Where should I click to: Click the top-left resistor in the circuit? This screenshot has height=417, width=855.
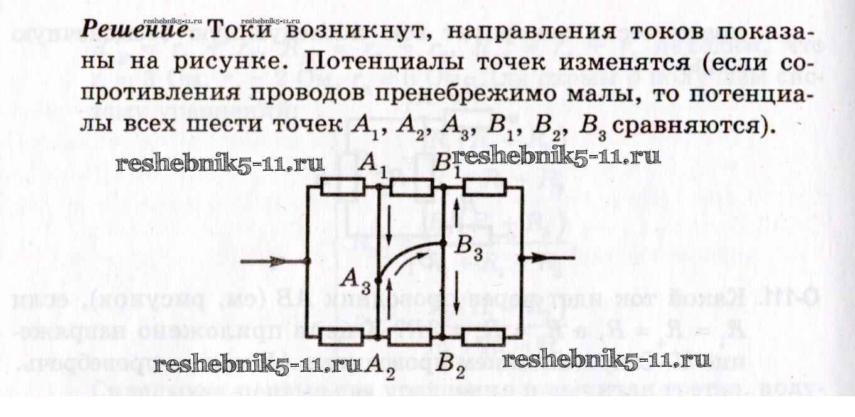[x=343, y=187]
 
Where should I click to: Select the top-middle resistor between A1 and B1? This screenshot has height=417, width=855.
[x=411, y=187]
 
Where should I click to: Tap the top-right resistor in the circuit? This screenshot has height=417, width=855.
[x=484, y=187]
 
